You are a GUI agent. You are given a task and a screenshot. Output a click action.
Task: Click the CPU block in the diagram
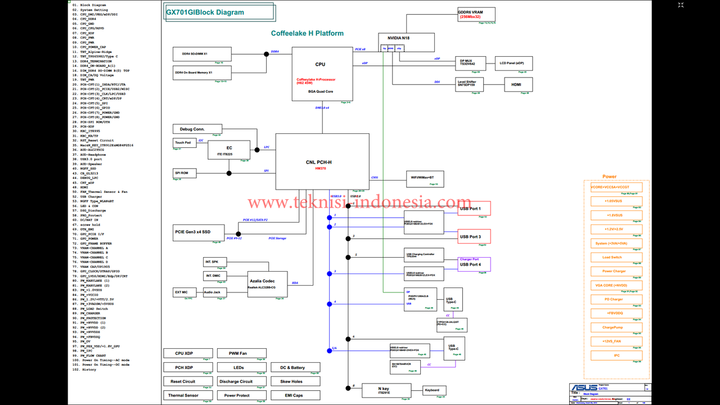(322, 74)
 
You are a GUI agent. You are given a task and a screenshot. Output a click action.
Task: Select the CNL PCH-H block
(322, 162)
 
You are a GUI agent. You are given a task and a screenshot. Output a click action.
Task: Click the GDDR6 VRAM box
(476, 15)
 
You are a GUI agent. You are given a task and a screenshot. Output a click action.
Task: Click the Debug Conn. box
(197, 129)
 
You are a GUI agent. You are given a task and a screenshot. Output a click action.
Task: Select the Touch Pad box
(183, 143)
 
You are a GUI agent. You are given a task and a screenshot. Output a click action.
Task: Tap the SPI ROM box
(184, 173)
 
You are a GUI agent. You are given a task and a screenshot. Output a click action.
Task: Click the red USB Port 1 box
(474, 209)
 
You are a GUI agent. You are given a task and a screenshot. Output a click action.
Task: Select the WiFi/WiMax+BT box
(425, 178)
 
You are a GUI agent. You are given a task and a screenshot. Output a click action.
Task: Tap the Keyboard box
(435, 390)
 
